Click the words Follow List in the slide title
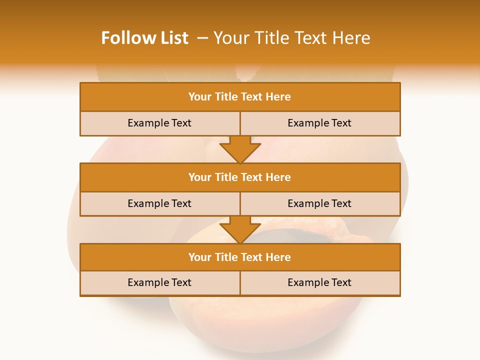pos(144,38)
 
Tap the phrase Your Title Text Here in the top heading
pos(291,38)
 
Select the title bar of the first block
pos(240,97)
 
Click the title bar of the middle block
pos(240,177)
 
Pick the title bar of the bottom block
pos(240,257)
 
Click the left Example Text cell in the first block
pos(159,123)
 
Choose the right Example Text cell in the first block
pos(319,123)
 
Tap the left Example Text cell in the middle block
pos(159,203)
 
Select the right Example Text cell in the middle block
pos(319,203)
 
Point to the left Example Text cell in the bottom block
pos(159,282)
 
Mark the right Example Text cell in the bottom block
pos(319,282)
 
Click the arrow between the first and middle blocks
pos(240,149)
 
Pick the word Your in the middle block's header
pos(199,177)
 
